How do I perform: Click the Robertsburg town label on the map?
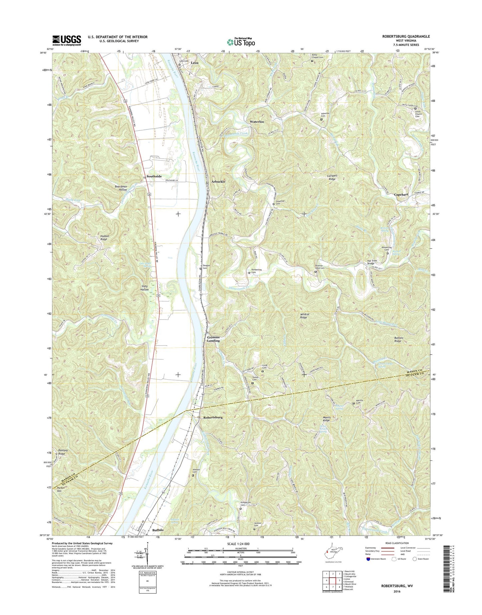(x=213, y=417)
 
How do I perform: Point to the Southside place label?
(x=154, y=176)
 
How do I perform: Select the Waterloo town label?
(x=257, y=122)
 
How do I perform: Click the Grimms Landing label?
(x=213, y=339)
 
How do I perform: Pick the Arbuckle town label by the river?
(x=218, y=182)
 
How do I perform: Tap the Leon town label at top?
(x=194, y=63)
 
